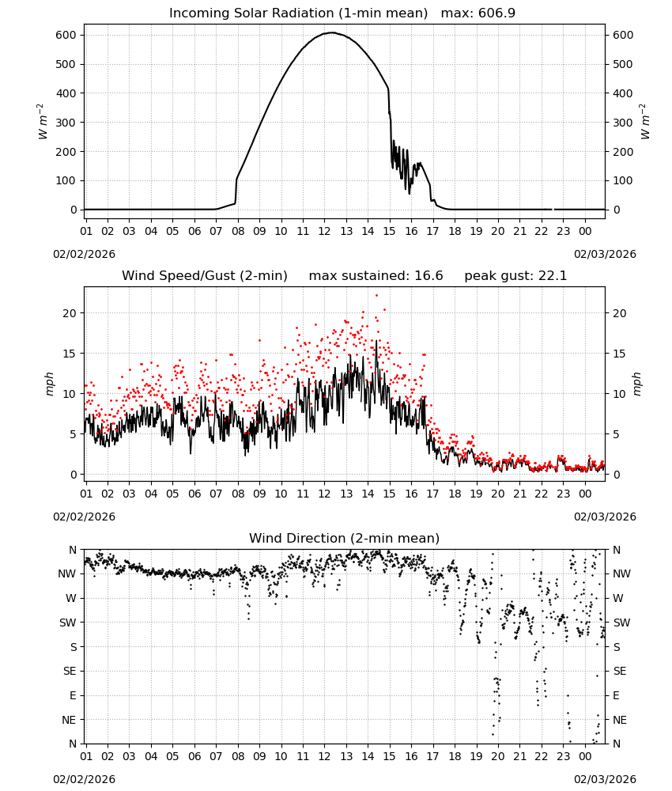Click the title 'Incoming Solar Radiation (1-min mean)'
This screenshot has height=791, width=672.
[298, 13]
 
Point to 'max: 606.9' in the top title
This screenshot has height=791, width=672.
[478, 13]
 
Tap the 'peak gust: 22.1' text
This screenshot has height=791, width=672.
[515, 276]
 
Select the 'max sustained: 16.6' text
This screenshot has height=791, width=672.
[376, 276]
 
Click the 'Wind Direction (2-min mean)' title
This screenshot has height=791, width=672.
[345, 538]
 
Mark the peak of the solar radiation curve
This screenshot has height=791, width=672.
[332, 32]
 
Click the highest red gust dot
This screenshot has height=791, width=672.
[376, 296]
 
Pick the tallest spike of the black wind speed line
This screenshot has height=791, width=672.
[376, 341]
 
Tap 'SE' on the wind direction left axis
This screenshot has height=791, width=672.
[70, 671]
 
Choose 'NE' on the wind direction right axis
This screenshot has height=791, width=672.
[620, 720]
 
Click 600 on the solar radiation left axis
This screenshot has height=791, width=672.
[66, 36]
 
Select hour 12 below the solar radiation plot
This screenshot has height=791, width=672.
[324, 231]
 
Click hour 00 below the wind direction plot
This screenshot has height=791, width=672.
[585, 756]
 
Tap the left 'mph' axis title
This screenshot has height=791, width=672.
[49, 384]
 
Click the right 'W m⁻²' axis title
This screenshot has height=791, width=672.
[645, 122]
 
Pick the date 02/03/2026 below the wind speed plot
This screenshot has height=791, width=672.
[605, 517]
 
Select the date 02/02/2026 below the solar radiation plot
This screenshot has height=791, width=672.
[84, 254]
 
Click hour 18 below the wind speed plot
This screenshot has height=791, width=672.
[455, 494]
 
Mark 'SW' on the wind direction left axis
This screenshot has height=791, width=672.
[67, 623]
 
